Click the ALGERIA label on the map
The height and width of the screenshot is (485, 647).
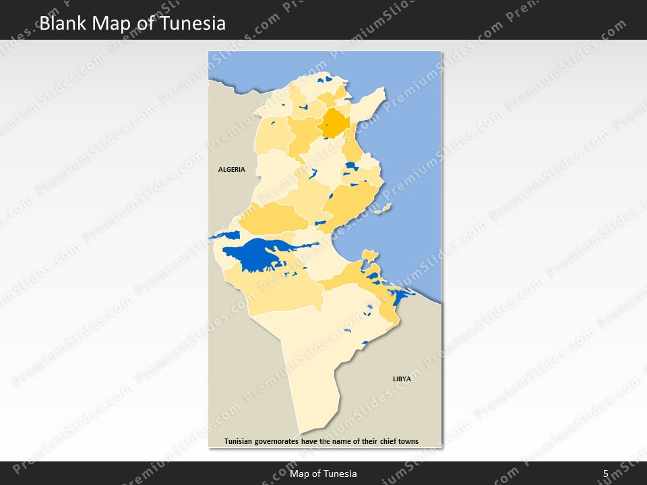(232, 170)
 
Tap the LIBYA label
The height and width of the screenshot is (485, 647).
(402, 379)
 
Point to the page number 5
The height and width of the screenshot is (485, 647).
(605, 474)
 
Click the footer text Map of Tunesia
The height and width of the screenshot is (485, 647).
(323, 474)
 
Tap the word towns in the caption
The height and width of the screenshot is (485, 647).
(407, 442)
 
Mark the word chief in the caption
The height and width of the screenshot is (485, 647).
(383, 442)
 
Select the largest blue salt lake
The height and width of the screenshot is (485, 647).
(256, 255)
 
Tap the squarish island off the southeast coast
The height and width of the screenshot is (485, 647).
(369, 255)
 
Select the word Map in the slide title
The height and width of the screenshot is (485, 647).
(115, 24)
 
